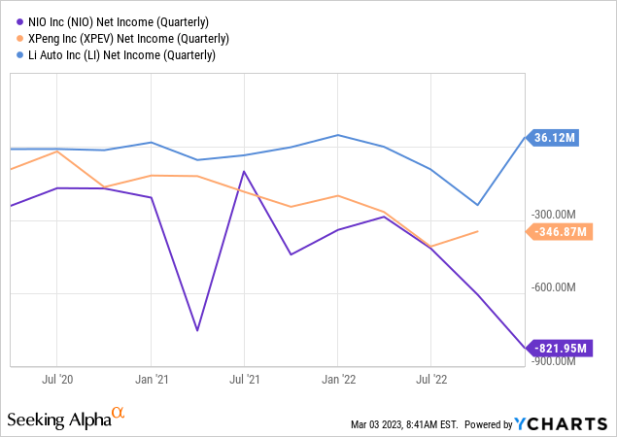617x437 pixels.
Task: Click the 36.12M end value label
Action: (555, 138)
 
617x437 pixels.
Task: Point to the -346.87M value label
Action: (558, 232)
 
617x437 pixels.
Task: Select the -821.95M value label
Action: (558, 348)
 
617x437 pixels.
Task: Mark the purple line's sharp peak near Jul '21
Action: (244, 171)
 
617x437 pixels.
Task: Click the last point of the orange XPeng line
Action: (477, 231)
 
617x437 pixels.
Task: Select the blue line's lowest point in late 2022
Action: (477, 205)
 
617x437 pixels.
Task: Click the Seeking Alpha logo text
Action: (58, 420)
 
